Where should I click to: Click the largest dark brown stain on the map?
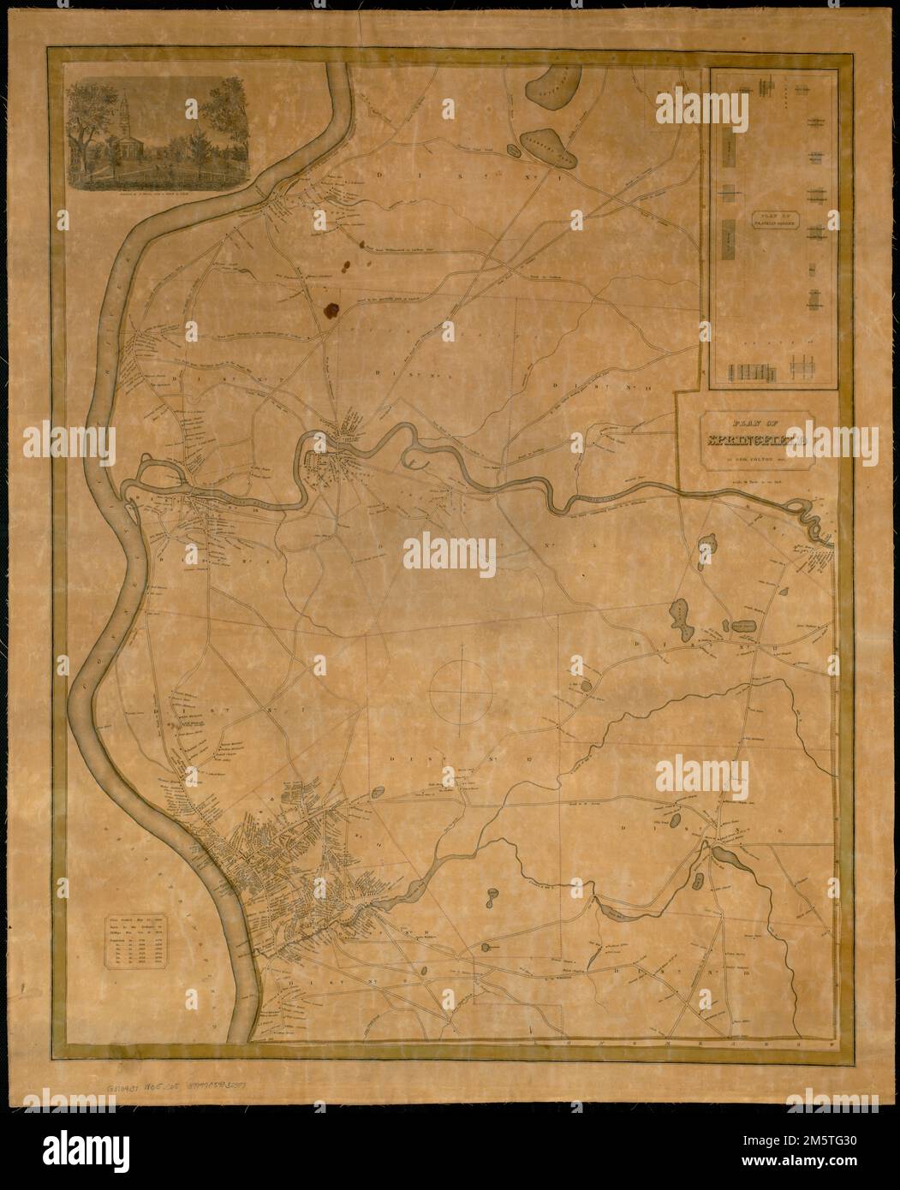pyautogui.click(x=331, y=310)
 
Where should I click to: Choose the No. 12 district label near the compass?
pyautogui.click(x=428, y=759)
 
